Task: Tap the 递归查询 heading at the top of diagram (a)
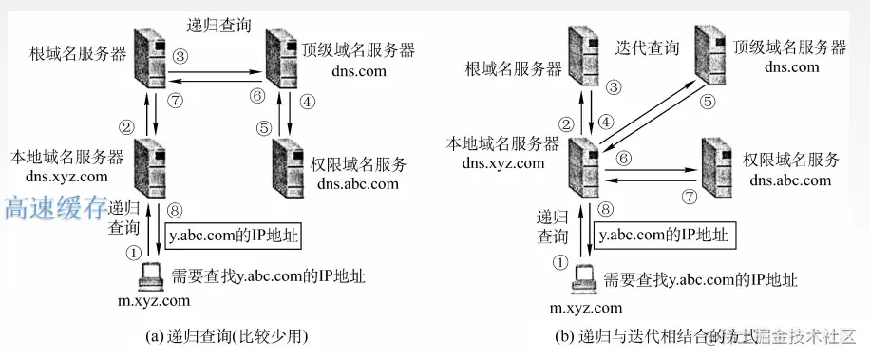click(x=219, y=24)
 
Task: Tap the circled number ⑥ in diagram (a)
click(x=255, y=95)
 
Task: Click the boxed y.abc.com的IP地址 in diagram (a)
click(x=233, y=234)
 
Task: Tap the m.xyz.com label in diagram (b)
click(x=587, y=307)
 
